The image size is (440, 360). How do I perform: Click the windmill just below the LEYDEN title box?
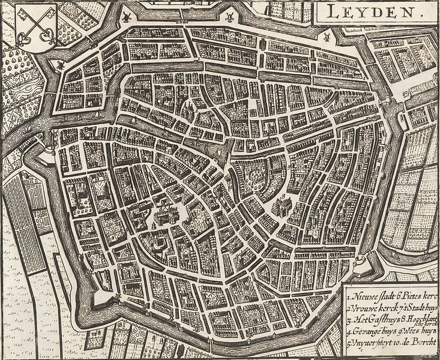click(x=326, y=36)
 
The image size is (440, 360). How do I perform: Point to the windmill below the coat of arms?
click(x=60, y=64)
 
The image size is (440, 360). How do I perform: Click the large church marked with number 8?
click(x=281, y=206)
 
